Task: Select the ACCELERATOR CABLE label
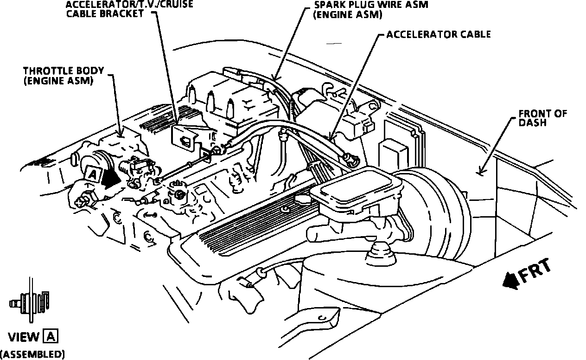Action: pyautogui.click(x=438, y=35)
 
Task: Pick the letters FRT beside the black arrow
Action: pyautogui.click(x=536, y=271)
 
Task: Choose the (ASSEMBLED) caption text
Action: pyautogui.click(x=32, y=354)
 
